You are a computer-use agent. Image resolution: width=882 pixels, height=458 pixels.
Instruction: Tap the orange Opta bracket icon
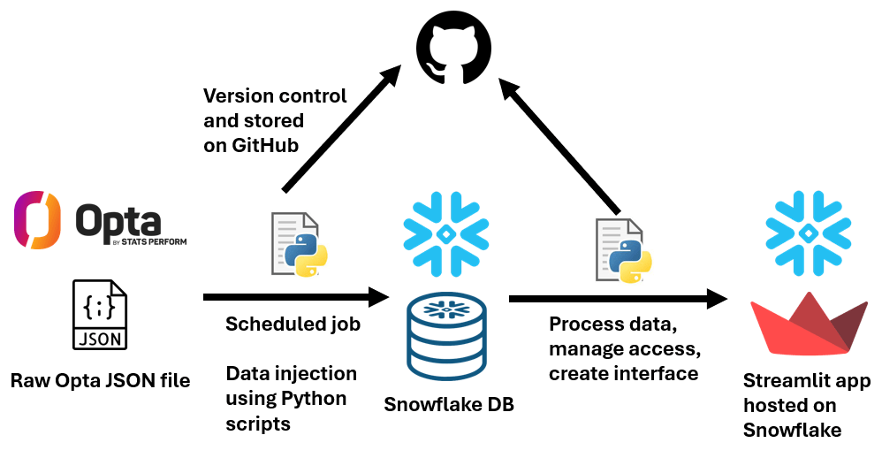click(37, 220)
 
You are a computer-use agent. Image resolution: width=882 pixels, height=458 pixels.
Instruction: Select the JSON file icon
click(100, 315)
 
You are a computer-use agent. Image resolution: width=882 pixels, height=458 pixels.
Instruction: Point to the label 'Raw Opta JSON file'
click(101, 381)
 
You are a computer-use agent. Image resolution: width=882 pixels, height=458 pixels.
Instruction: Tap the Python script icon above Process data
click(624, 251)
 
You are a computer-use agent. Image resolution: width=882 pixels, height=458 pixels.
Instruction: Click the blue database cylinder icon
click(446, 337)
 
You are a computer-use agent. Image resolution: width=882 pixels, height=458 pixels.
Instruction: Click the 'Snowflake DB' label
click(448, 405)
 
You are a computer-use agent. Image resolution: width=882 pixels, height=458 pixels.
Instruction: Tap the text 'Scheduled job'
click(293, 324)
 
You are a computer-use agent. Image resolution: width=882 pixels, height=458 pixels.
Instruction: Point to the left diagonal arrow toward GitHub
click(338, 133)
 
